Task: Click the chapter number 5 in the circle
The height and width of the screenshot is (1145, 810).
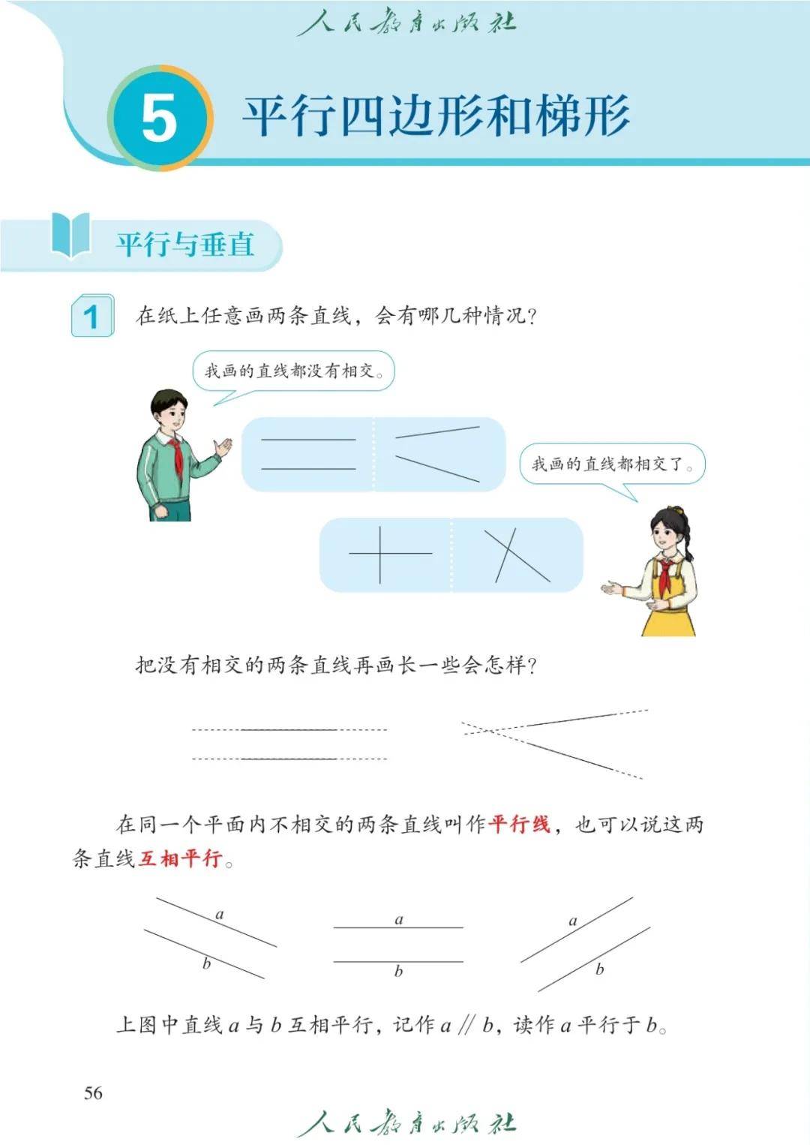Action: (159, 120)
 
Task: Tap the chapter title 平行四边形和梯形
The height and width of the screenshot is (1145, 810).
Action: (436, 116)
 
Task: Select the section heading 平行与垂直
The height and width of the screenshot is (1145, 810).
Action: (185, 245)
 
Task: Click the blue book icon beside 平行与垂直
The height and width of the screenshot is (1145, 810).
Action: (71, 236)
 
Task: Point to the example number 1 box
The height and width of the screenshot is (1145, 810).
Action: (92, 316)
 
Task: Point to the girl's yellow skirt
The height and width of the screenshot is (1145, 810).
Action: (668, 618)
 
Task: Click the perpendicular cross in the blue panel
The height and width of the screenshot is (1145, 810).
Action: (380, 554)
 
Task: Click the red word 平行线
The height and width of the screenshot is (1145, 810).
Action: (519, 825)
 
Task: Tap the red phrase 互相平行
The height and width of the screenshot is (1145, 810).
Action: (180, 858)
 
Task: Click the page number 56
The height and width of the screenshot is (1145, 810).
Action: (94, 1093)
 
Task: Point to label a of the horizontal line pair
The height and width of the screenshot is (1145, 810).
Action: (399, 920)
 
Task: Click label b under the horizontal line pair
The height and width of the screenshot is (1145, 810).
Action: (398, 971)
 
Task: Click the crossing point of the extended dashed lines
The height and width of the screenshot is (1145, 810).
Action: (490, 732)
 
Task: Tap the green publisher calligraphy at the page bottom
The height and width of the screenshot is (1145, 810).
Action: (406, 1123)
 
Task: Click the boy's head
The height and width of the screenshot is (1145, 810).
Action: (169, 410)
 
